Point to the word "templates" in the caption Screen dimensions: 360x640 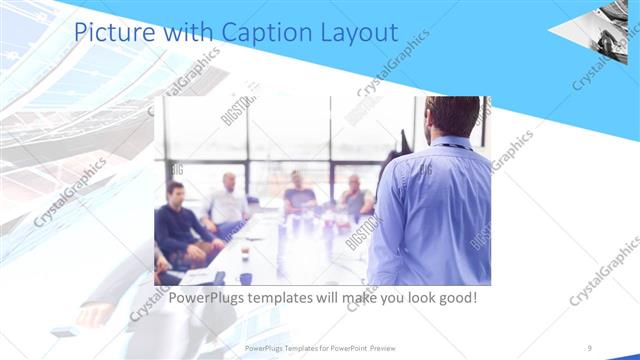293,298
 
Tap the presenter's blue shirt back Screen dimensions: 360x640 430,210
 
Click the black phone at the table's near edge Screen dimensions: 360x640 219,277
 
